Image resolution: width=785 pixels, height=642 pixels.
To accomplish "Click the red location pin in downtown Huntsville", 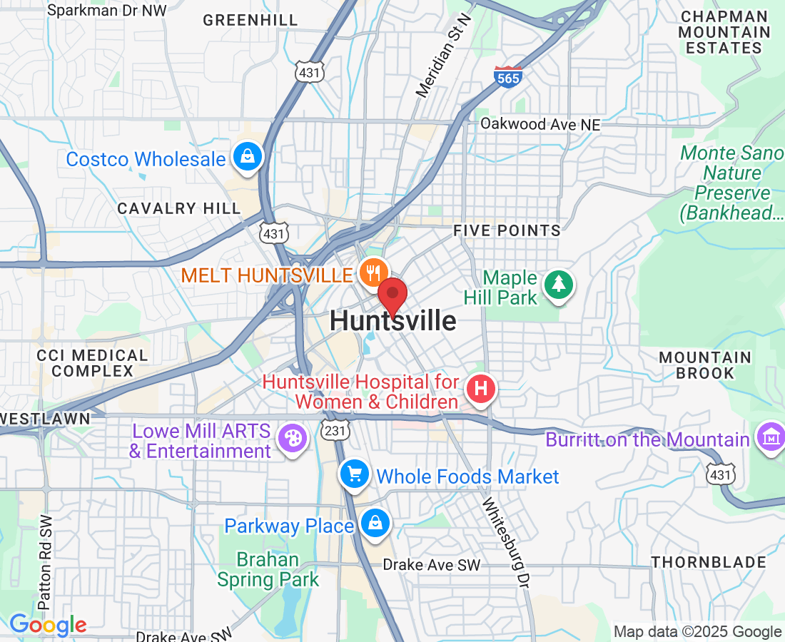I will [392, 295].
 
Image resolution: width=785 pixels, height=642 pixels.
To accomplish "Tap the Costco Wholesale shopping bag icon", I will [248, 158].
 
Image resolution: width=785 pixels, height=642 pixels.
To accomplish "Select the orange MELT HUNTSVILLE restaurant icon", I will [373, 272].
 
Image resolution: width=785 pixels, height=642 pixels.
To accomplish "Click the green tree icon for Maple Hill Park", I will [559, 285].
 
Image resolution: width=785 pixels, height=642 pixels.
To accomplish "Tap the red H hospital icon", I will [480, 389].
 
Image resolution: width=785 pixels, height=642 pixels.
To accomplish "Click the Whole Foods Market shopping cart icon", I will [354, 474].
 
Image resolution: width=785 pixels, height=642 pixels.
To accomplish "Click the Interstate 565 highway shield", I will [508, 76].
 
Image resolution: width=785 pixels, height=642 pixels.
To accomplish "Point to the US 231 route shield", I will [334, 431].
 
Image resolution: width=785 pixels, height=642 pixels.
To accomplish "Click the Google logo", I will [48, 626].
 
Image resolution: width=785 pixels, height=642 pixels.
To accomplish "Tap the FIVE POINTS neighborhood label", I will [507, 230].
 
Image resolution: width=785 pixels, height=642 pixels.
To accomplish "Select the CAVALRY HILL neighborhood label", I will [179, 208].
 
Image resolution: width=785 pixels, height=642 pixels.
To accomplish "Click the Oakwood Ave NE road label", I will [540, 124].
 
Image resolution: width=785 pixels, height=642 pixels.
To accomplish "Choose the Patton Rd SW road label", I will [46, 563].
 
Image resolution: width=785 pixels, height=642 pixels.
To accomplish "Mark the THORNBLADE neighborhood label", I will [709, 562].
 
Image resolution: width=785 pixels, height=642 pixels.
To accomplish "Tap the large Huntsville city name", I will [393, 321].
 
